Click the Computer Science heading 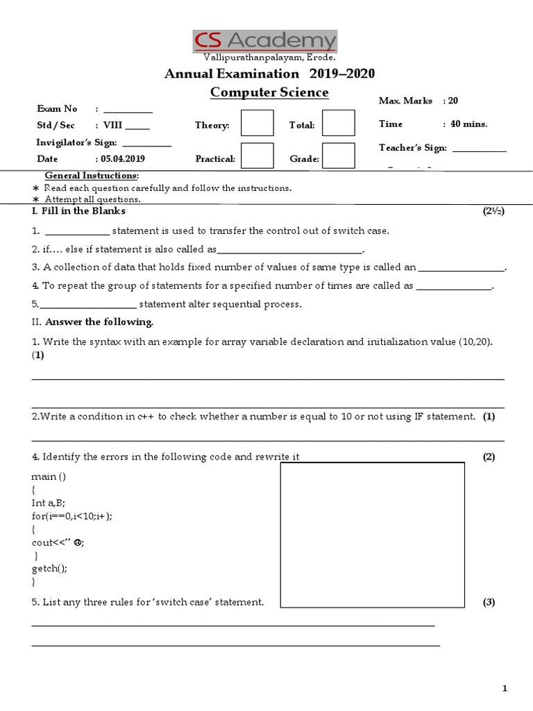pos(270,92)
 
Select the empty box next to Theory pos(257,124)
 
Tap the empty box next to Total pos(339,124)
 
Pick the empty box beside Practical pos(257,156)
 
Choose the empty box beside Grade pos(339,156)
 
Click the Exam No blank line pos(128,110)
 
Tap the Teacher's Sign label pos(413,147)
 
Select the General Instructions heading pos(92,175)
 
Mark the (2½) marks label pos(493,210)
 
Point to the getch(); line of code pos(49,567)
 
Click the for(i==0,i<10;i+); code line pos(72,515)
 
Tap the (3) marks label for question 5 pos(489,602)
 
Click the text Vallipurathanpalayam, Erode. pos(269,57)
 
